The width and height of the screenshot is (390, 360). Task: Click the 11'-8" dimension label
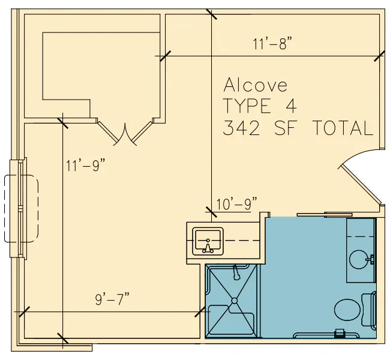(272, 44)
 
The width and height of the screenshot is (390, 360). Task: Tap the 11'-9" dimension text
(86, 166)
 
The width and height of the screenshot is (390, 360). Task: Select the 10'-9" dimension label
(236, 204)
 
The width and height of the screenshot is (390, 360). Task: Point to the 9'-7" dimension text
(113, 299)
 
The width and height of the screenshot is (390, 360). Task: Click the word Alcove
(256, 85)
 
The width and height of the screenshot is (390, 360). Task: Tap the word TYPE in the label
(247, 106)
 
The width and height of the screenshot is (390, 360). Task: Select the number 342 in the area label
(241, 128)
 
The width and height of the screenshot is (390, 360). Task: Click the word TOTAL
(343, 128)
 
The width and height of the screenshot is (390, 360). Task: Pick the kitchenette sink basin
(208, 241)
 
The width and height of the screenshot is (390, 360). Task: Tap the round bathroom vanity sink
(358, 259)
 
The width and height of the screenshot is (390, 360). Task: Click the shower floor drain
(234, 301)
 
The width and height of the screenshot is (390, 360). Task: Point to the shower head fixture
(236, 272)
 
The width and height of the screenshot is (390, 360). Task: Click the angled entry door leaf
(360, 185)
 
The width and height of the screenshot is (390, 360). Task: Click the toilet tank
(368, 310)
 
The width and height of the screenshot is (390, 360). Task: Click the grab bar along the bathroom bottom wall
(326, 335)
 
